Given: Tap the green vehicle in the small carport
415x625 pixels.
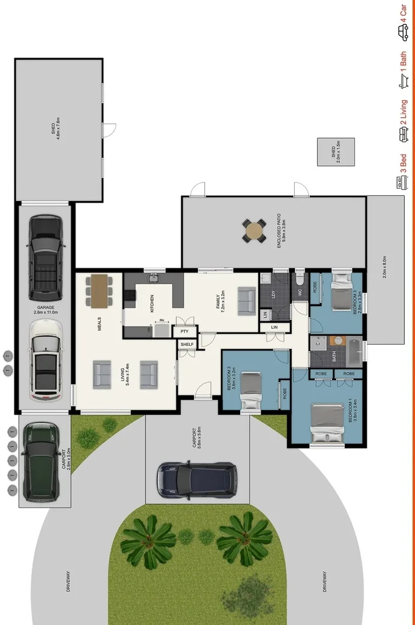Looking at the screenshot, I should click(x=40, y=462).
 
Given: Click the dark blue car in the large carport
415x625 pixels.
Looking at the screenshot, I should click(x=196, y=480).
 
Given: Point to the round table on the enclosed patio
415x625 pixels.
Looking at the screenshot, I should click(x=255, y=231).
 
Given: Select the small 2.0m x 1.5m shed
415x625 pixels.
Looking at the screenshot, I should click(x=336, y=152).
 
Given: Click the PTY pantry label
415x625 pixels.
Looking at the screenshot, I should click(x=184, y=331).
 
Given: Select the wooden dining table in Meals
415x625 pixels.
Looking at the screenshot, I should click(x=99, y=290).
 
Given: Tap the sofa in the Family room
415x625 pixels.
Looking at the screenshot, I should click(x=247, y=301).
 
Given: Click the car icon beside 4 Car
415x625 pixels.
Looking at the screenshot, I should click(x=404, y=28).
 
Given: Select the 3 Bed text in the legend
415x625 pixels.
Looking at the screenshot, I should click(x=404, y=162).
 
